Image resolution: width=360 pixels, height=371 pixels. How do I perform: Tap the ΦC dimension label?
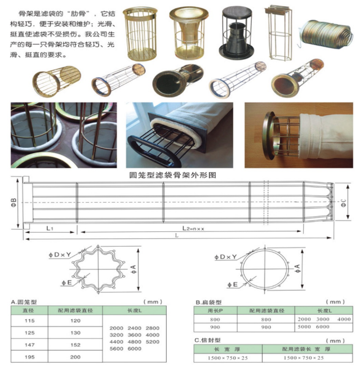click(x=343, y=202)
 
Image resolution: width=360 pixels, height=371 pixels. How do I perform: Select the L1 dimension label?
click(x=50, y=228)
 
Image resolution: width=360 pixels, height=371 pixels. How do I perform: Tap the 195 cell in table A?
click(x=29, y=357)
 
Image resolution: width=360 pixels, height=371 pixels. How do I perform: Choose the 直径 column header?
click(x=29, y=310)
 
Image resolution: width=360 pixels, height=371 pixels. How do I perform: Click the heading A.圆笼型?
click(x=24, y=301)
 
